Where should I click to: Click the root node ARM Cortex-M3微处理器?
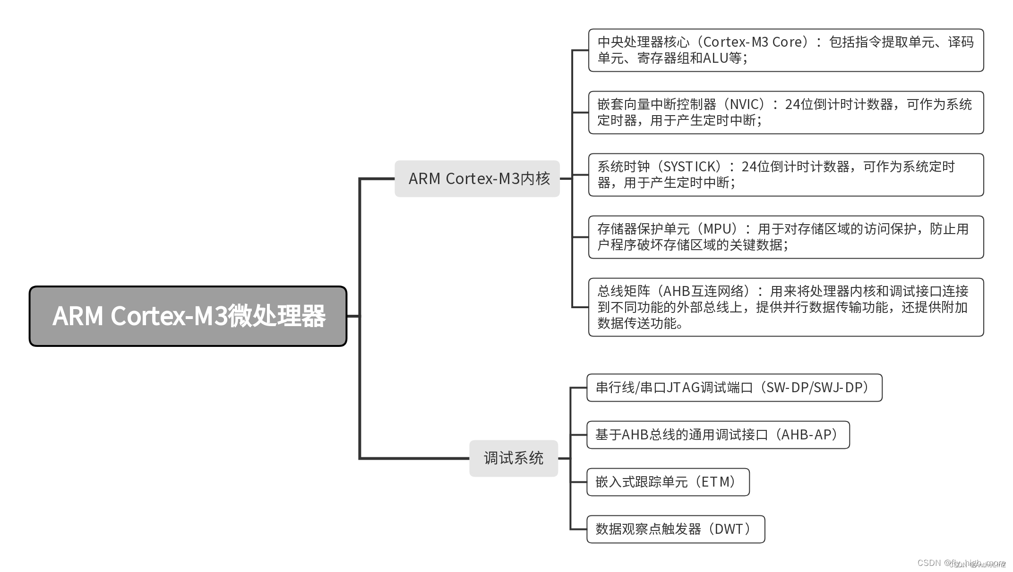[x=188, y=316]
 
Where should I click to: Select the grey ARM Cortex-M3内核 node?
[x=477, y=179]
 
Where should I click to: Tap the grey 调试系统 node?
[x=514, y=458]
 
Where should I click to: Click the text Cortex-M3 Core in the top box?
[x=753, y=42]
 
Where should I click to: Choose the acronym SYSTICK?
[x=691, y=167]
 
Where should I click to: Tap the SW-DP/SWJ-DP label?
[x=817, y=387]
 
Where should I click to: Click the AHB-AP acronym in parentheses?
[x=809, y=435]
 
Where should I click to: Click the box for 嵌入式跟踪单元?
[x=668, y=482]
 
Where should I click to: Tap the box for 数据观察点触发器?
[x=675, y=529]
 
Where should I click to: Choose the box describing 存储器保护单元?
[x=786, y=237]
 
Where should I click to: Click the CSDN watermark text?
[x=929, y=563]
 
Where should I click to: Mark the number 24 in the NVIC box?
[x=792, y=104]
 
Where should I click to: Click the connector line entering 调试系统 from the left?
[x=416, y=458]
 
